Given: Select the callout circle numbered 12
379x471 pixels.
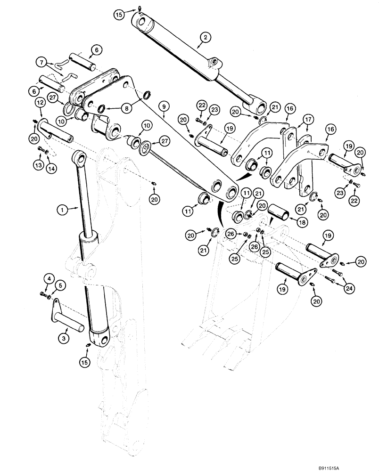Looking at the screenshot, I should pyautogui.click(x=40, y=102).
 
